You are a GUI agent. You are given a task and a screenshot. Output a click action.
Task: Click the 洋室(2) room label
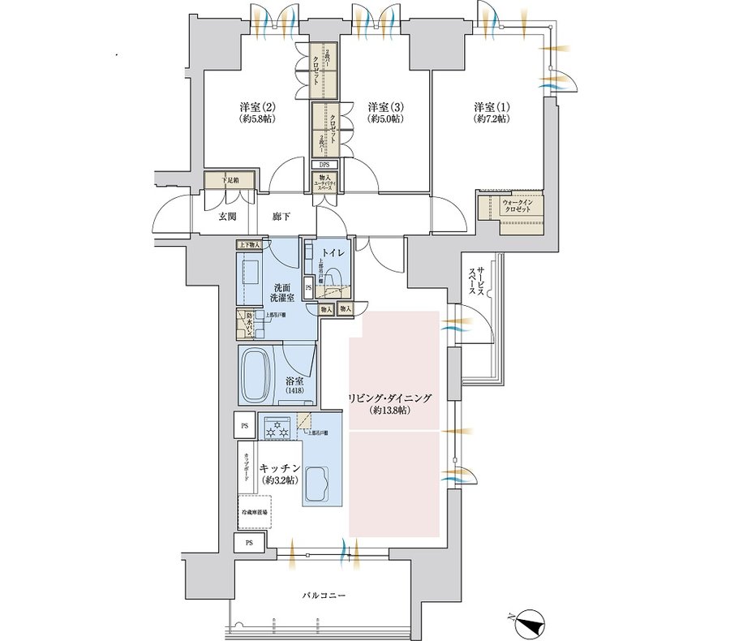click(x=258, y=113)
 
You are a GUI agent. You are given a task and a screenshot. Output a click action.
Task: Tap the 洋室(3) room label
click(x=384, y=113)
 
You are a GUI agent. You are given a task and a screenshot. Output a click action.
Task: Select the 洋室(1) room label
click(x=492, y=113)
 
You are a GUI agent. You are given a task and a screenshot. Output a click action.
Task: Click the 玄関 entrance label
click(x=227, y=217)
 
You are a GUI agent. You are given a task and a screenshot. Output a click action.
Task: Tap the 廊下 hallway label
click(x=281, y=217)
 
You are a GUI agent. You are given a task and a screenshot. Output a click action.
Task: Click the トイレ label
click(x=332, y=253)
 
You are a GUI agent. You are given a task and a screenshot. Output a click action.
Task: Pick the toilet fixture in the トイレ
click(x=335, y=279)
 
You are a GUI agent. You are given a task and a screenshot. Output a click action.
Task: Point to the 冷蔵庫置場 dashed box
click(x=254, y=514)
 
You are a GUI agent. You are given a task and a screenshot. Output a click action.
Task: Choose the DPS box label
click(x=324, y=165)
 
